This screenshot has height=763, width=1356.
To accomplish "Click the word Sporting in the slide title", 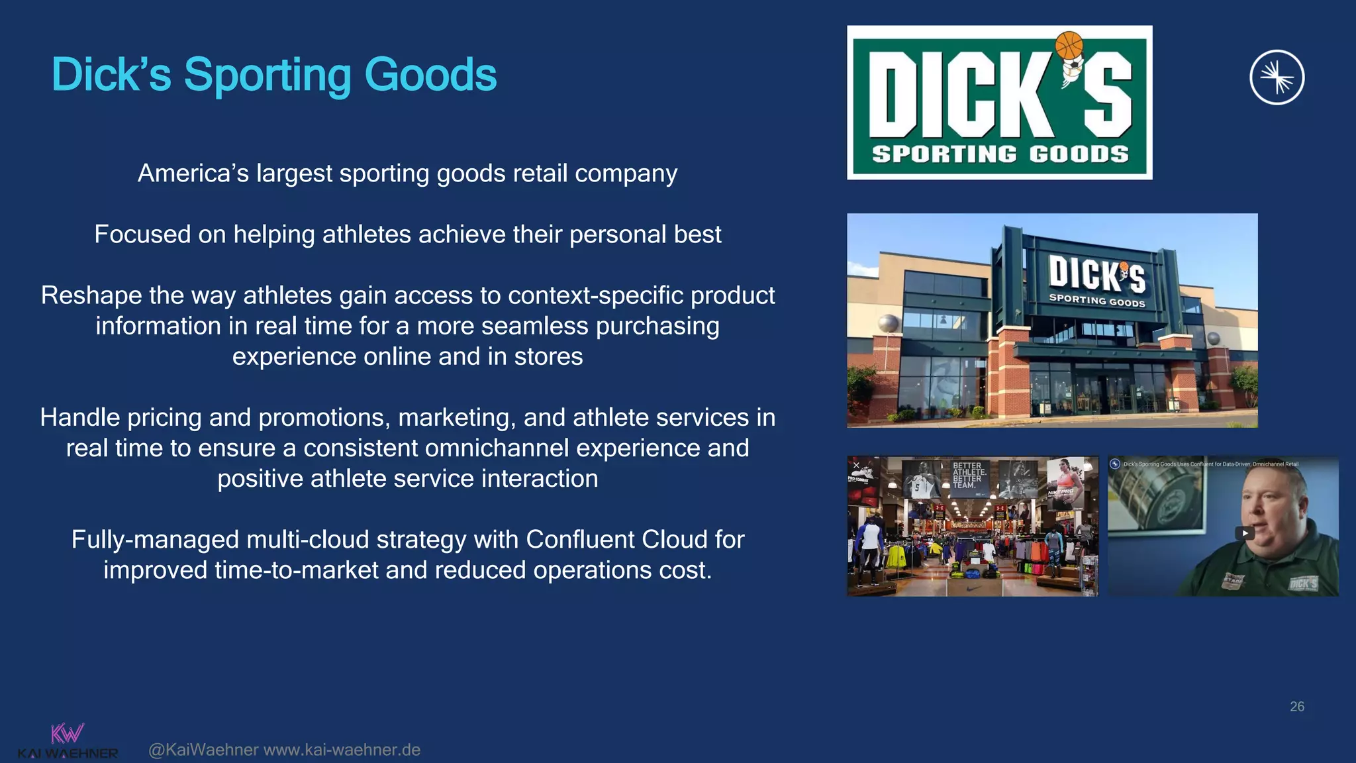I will [x=267, y=76].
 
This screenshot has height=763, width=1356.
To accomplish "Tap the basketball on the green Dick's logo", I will [x=1069, y=45].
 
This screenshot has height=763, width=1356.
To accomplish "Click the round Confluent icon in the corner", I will [x=1277, y=77].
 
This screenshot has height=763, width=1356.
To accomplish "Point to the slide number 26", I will [x=1296, y=707].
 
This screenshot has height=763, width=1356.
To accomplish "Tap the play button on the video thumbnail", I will [x=1245, y=533].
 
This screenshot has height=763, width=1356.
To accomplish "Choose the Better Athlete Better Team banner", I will [x=968, y=476].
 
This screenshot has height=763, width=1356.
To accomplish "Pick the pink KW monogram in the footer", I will [x=67, y=733].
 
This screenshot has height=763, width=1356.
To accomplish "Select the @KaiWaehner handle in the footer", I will [x=203, y=750].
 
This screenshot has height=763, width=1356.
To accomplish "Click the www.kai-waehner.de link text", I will [x=342, y=750].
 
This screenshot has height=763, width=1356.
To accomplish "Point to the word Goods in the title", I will [x=430, y=76].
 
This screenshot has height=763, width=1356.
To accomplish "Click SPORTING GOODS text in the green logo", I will [x=1000, y=154].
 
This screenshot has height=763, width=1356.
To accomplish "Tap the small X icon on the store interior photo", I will [x=856, y=466].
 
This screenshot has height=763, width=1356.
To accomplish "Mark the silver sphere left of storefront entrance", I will [x=889, y=324].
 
